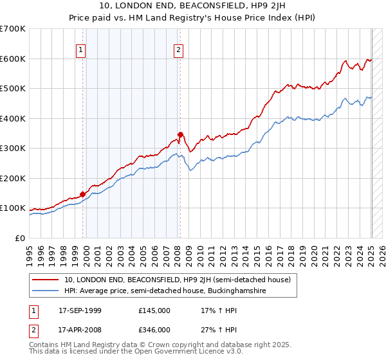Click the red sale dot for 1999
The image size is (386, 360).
click(x=83, y=194)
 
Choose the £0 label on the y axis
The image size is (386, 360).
click(x=21, y=238)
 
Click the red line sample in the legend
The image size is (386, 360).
click(x=46, y=280)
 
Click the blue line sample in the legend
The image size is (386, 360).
click(x=46, y=291)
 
